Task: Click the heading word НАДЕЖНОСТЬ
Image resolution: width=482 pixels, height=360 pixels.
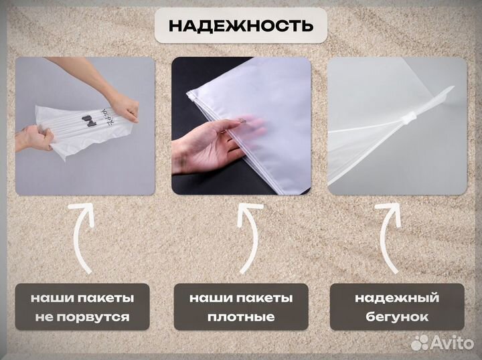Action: pos(240,27)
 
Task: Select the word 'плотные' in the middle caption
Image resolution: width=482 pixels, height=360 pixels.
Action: pos(241,317)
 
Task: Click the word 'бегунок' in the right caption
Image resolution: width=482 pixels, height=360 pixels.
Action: pos(398,317)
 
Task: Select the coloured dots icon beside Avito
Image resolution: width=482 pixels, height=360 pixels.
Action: pos(420,343)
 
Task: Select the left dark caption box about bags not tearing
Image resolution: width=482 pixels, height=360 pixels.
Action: pos(83,306)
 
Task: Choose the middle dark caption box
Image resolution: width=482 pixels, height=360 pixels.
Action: pos(241,306)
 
